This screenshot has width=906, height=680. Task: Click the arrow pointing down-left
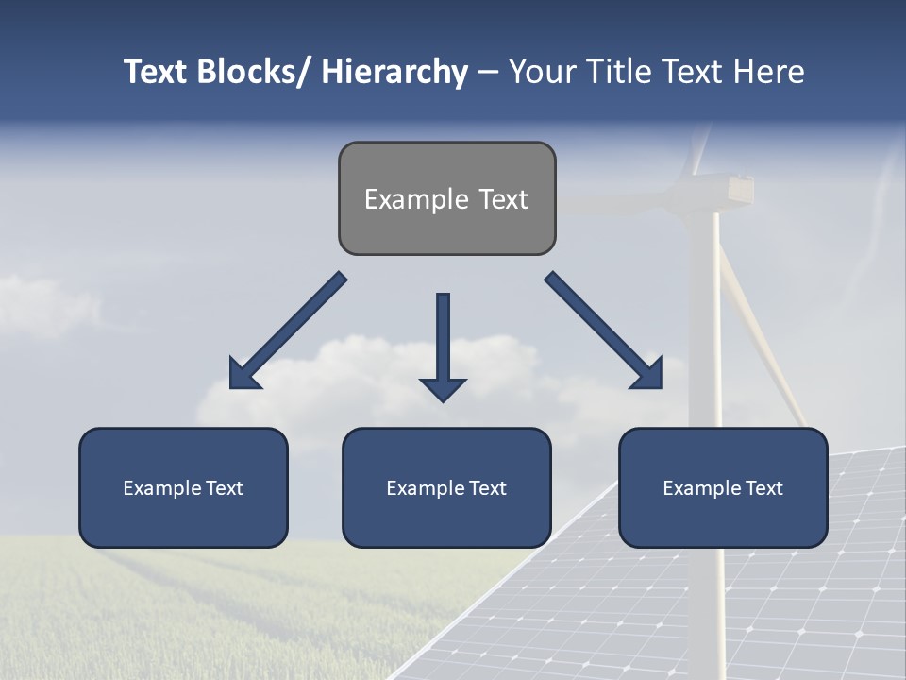tap(288, 331)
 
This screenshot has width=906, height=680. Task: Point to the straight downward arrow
tap(443, 346)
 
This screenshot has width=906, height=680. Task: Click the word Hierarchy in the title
tap(394, 72)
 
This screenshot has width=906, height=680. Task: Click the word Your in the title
tap(542, 72)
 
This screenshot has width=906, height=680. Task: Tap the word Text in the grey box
tap(503, 199)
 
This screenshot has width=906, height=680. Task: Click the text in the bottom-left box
tap(183, 488)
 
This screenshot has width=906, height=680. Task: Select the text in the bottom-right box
tap(723, 488)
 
